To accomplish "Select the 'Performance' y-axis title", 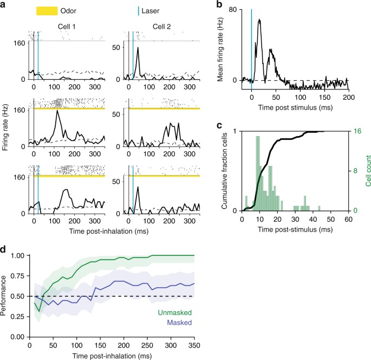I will pyautogui.click(x=6, y=304).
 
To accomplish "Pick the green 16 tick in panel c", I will pyautogui.click(x=354, y=131).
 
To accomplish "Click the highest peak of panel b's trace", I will pyautogui.click(x=260, y=20).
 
